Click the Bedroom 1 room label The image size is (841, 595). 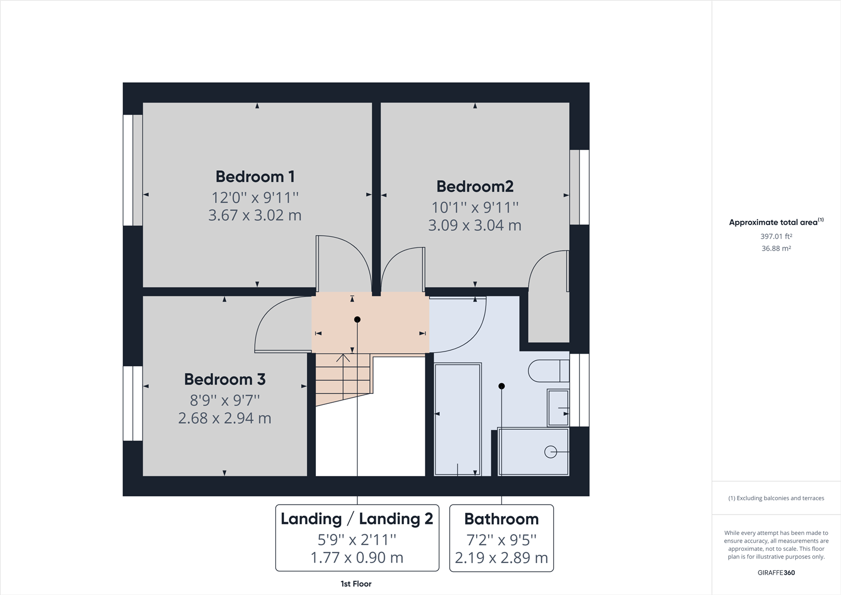pyautogui.click(x=255, y=177)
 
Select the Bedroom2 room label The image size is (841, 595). pyautogui.click(x=474, y=187)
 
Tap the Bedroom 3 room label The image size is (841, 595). pyautogui.click(x=225, y=380)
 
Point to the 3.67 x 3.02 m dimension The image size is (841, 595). pyautogui.click(x=255, y=215)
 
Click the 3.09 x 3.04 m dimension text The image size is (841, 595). pyautogui.click(x=474, y=225)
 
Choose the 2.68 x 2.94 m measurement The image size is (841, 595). pyautogui.click(x=225, y=418)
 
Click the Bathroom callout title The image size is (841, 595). pyautogui.click(x=501, y=519)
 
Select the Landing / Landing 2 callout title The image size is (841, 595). pyautogui.click(x=357, y=519)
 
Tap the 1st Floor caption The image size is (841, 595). pyautogui.click(x=356, y=584)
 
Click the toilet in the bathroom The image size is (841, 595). pyautogui.click(x=547, y=371)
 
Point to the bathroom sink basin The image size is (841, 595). pyautogui.click(x=558, y=408)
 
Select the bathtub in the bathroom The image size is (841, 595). pyautogui.click(x=457, y=419)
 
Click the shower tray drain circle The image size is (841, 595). pyautogui.click(x=550, y=452)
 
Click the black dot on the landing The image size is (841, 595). pyautogui.click(x=357, y=320)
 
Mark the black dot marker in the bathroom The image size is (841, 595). pyautogui.click(x=501, y=386)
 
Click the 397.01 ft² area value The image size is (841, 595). pyautogui.click(x=776, y=236)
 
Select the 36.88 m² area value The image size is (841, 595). pyautogui.click(x=776, y=248)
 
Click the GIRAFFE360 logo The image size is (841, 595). pyautogui.click(x=776, y=572)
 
